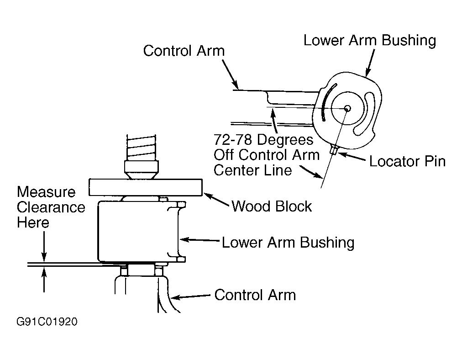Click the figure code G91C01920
(47, 321)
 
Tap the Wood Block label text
(272, 206)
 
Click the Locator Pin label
(407, 161)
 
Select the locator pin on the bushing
(334, 150)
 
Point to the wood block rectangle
(146, 187)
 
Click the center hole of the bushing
(347, 108)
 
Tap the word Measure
(46, 192)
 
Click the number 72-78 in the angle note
(233, 139)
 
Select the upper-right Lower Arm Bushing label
(370, 40)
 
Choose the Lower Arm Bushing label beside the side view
(288, 243)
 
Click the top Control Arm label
(184, 51)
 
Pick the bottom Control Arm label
(255, 295)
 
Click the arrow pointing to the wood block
(216, 200)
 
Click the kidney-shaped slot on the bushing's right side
(365, 113)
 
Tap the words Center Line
(253, 170)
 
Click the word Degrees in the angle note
(285, 140)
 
